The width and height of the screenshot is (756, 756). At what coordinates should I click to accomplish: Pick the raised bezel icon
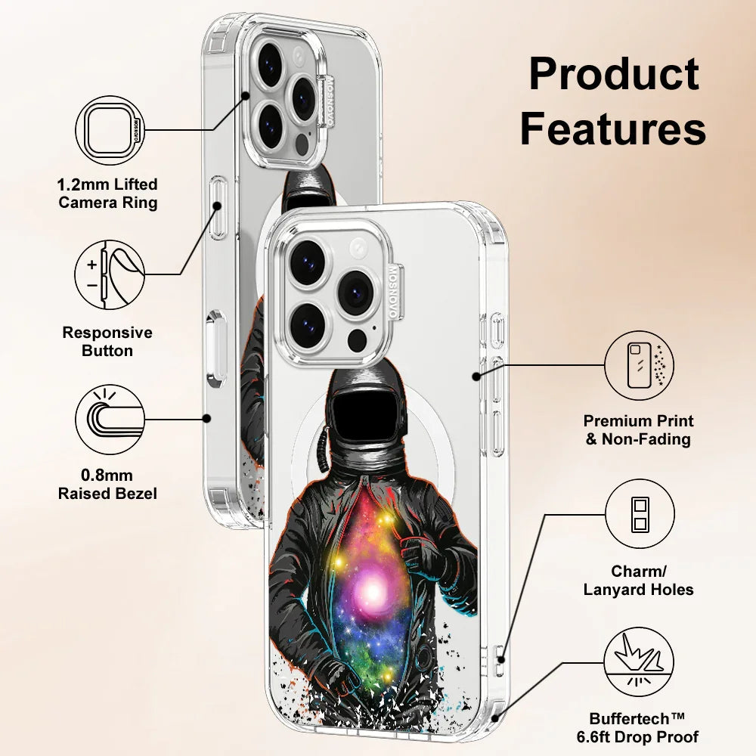[110, 417]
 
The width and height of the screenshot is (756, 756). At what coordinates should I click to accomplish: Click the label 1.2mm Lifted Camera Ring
[108, 194]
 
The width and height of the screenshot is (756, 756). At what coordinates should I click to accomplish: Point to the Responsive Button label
[107, 342]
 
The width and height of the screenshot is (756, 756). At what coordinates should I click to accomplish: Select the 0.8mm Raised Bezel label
[108, 485]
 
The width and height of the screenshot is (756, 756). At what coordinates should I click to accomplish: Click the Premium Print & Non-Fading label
[639, 430]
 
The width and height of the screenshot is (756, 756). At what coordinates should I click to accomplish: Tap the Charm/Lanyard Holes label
[639, 581]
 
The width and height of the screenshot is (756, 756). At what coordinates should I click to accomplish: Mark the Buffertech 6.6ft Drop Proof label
[644, 727]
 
